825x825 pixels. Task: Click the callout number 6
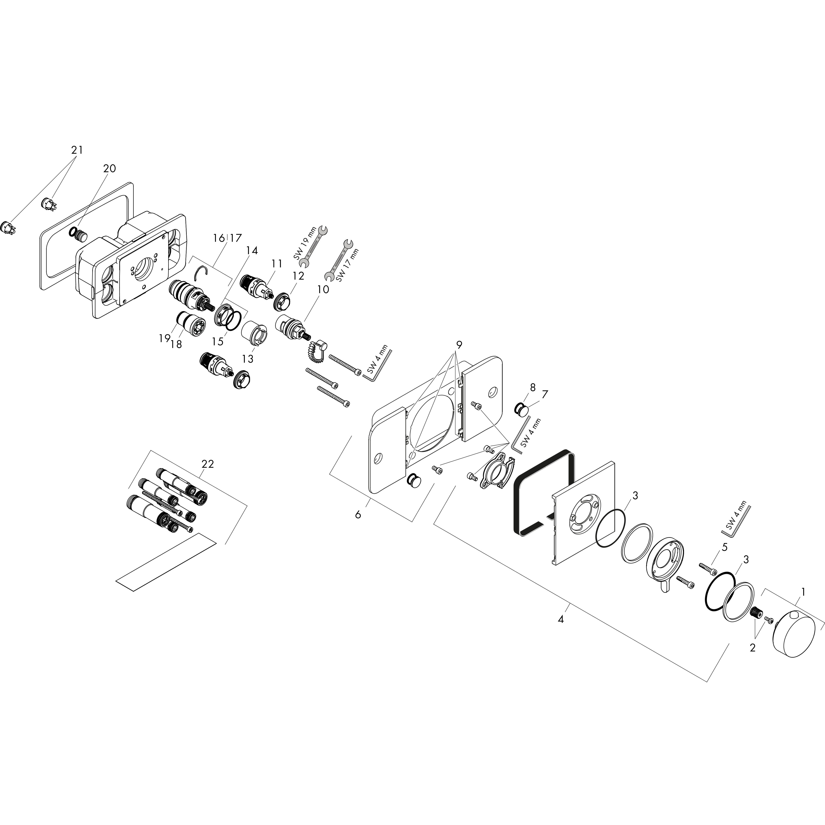point(358,515)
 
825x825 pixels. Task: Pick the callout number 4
point(561,619)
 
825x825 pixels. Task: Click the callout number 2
point(752,648)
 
